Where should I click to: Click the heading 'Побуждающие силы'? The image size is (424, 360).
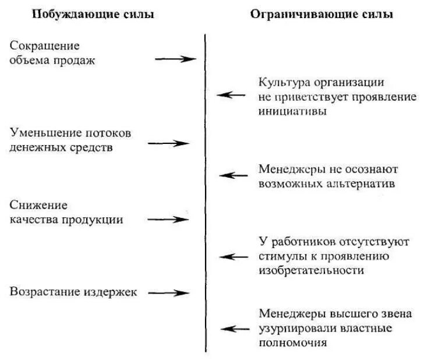93,14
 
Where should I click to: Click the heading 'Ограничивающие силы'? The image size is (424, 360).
321,14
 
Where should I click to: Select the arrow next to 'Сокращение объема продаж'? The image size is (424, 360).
175,59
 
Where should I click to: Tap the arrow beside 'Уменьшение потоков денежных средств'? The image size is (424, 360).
173,143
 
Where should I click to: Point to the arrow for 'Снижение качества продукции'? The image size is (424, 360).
168,220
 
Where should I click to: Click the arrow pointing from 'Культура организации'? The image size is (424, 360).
231,94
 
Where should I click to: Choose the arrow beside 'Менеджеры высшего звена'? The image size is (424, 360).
236,329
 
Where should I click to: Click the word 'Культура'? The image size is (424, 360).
282,82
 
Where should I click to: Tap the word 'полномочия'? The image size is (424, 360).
292,343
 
